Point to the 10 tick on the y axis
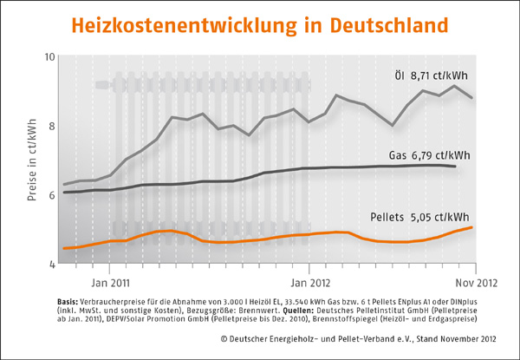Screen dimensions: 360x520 49,57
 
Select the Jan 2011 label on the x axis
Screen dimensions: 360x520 110,283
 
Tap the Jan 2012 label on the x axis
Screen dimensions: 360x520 309,283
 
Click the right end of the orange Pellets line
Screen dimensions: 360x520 472,227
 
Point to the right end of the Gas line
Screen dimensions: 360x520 456,166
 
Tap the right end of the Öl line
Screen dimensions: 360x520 472,98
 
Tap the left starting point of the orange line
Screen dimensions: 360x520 64,248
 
